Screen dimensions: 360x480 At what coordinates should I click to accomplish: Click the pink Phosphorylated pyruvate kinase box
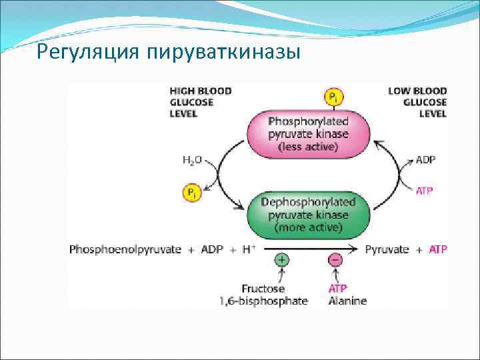[308, 133]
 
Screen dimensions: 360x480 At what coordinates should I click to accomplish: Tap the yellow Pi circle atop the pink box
[333, 97]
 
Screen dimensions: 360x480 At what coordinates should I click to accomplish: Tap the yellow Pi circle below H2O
[191, 193]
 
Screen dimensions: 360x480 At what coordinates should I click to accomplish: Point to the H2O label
[191, 161]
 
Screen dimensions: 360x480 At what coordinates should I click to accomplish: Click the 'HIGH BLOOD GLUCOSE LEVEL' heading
[200, 103]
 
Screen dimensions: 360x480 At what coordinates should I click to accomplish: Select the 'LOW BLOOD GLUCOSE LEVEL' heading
[418, 103]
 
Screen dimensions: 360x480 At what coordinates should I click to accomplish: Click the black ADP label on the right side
[425, 161]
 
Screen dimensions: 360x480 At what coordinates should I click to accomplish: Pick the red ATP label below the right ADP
[425, 191]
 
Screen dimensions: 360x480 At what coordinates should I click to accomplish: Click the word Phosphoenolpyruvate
[125, 249]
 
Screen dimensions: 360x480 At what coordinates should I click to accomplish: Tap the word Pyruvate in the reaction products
[387, 249]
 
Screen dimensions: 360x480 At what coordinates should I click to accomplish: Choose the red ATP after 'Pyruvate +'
[437, 249]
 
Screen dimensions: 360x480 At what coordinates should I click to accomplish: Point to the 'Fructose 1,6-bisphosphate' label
[264, 295]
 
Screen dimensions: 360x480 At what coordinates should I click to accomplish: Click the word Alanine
[347, 301]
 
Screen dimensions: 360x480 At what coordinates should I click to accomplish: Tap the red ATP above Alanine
[338, 289]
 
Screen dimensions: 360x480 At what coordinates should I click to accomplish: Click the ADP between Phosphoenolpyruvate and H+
[212, 249]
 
